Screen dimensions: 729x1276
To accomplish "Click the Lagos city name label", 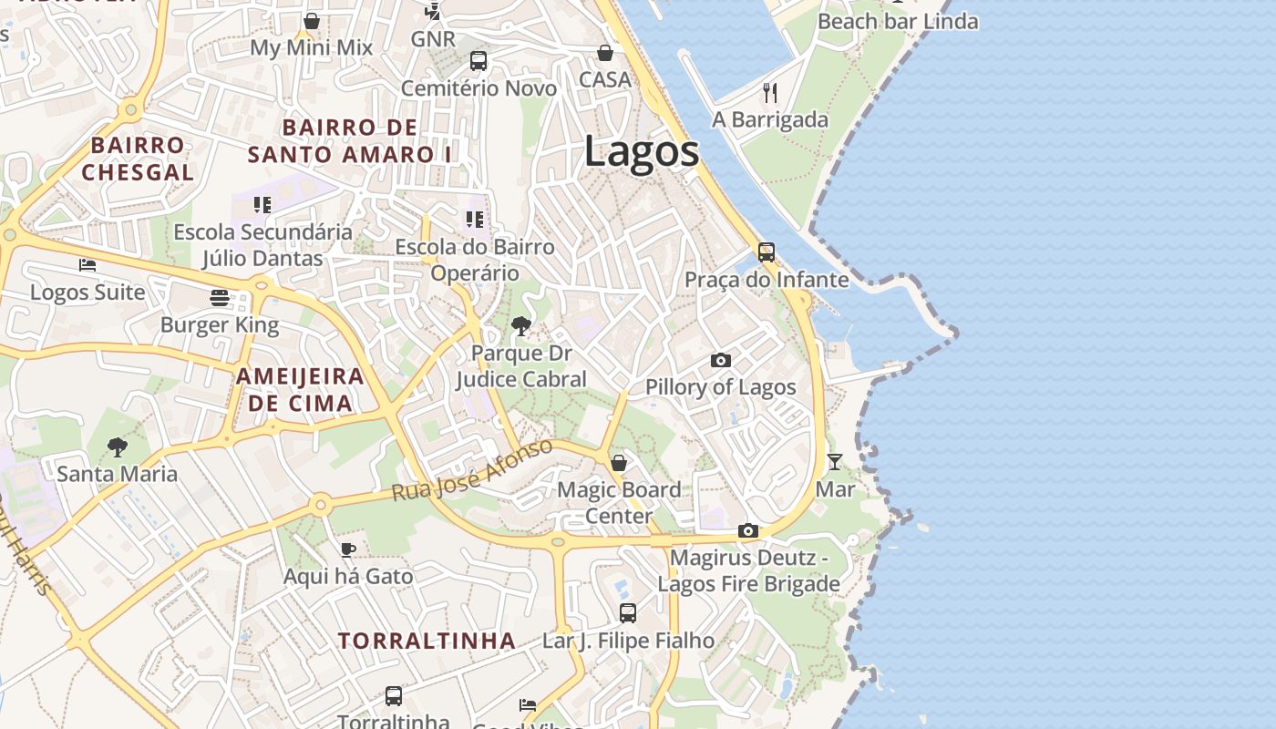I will point(642,150).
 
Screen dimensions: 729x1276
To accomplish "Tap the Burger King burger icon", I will point(220,297).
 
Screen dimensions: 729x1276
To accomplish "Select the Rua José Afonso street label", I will point(471,470).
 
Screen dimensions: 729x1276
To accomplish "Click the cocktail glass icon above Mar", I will point(834,461).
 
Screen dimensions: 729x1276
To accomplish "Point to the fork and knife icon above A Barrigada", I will point(770,92).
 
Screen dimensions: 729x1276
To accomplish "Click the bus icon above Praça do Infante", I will point(767,252).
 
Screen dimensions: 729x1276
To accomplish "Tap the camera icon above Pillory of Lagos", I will point(720,360).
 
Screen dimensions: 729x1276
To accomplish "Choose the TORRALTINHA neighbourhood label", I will point(427,641).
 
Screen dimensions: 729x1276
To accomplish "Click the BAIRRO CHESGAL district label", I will point(138,159).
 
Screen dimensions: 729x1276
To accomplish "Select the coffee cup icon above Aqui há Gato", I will point(347,549).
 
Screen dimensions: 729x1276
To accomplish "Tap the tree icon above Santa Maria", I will point(117,447).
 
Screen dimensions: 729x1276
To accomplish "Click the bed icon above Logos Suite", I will point(87,265).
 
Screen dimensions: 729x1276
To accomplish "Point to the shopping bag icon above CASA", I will point(604,53).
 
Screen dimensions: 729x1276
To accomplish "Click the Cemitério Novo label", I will point(478,88).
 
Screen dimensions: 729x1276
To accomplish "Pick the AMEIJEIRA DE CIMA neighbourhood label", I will point(300,389).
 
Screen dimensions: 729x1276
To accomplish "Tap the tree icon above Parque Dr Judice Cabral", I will point(520,325).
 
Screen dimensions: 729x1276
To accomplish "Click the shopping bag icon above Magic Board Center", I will point(619,463).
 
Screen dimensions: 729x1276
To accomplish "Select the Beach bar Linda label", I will point(898,21).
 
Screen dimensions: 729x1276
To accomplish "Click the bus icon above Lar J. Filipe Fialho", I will point(628,612).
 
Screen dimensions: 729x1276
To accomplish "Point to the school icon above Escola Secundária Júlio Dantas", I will point(262,205).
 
